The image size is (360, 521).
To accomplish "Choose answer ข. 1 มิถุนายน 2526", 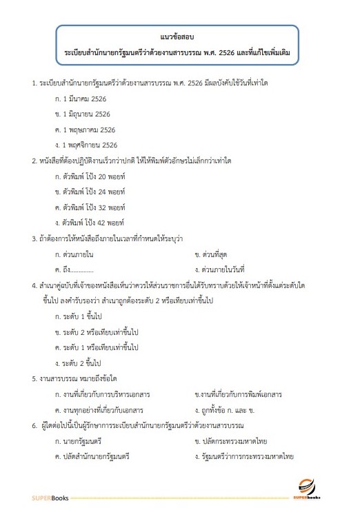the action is click(x=84, y=114).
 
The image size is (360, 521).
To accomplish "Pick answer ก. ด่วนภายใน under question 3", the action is click(x=77, y=254).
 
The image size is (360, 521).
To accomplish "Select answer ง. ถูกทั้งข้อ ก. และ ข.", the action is click(x=232, y=410).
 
